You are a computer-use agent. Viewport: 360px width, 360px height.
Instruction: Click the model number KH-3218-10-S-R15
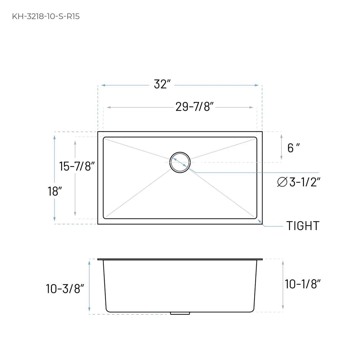[x=46, y=16]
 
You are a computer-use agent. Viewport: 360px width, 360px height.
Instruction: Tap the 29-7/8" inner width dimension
[x=195, y=107]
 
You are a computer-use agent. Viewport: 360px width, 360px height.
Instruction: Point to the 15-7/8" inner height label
[x=77, y=166]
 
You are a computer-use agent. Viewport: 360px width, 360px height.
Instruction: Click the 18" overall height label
[x=55, y=192]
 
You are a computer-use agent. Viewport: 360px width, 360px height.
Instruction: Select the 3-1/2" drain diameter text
[x=305, y=182]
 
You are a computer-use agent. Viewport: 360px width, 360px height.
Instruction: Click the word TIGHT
[x=303, y=226]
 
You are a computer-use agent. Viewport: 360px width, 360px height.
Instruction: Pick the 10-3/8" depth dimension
[x=65, y=289]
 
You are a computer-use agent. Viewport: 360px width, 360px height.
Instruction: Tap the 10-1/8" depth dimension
[x=302, y=284]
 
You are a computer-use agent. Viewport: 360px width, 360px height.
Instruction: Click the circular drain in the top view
[x=180, y=162]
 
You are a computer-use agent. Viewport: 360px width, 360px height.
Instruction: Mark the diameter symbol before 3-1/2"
[x=282, y=182]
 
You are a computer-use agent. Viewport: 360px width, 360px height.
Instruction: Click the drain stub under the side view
[x=180, y=313]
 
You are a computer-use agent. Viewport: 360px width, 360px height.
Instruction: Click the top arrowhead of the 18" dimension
[x=54, y=137]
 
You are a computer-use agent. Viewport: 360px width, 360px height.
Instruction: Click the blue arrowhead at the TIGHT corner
[x=260, y=221]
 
